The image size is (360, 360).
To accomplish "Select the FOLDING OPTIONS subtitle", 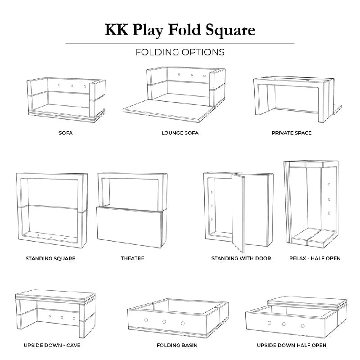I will tap(180, 52).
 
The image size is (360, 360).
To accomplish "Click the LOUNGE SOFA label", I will tap(180, 133).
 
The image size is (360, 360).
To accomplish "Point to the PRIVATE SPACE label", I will tap(292, 133).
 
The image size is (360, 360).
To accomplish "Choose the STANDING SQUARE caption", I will tap(50, 258).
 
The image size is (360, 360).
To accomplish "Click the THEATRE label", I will tap(132, 258).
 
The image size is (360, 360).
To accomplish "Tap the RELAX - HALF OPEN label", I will tap(315, 258).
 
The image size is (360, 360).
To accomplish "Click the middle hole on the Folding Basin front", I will tap(164, 322).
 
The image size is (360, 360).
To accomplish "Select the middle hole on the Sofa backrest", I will tap(71, 85).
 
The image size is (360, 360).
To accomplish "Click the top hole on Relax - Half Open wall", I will tap(329, 184).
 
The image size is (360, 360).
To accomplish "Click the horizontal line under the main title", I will tap(180, 43).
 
